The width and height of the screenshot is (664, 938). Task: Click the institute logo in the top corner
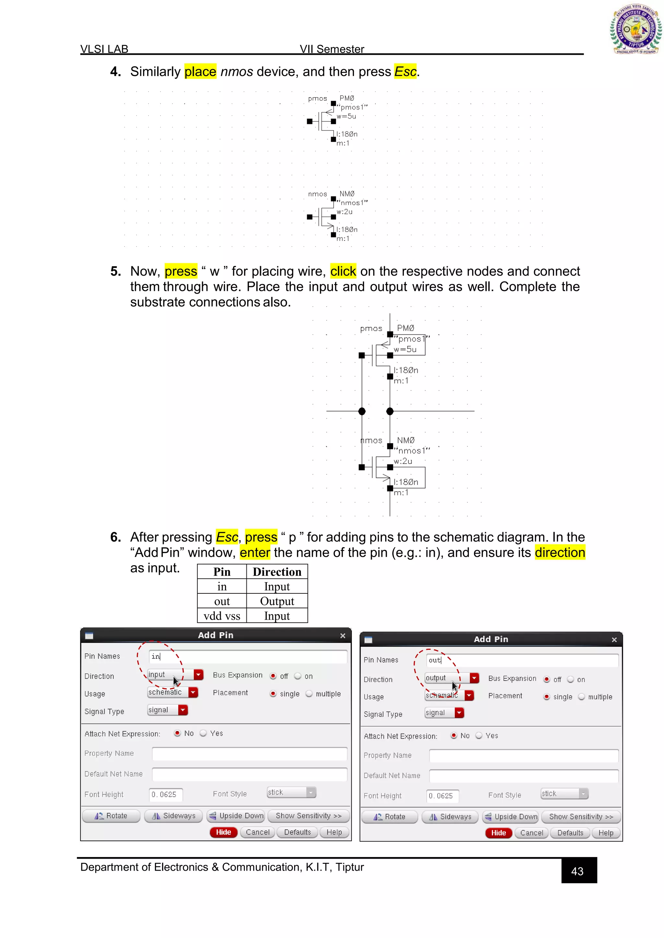click(x=635, y=29)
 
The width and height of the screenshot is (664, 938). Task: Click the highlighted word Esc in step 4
click(x=405, y=72)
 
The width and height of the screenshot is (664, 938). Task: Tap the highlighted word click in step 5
click(x=343, y=271)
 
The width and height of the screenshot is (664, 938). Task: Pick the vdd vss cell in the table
click(x=222, y=616)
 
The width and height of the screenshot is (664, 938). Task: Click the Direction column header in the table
click(x=277, y=572)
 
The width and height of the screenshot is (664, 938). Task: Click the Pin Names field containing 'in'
click(x=248, y=656)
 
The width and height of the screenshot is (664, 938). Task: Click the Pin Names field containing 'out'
click(x=522, y=660)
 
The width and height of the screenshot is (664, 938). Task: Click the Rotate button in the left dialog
click(x=111, y=816)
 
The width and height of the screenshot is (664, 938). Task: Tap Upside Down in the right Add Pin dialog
click(x=511, y=817)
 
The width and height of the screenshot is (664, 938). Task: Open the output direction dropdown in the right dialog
click(x=474, y=678)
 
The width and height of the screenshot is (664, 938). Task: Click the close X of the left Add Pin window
click(x=343, y=636)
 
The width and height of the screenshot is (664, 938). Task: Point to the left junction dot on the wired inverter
click(x=362, y=411)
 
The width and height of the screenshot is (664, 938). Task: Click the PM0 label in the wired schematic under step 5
click(x=405, y=328)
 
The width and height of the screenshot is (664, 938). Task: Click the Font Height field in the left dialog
click(x=166, y=795)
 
